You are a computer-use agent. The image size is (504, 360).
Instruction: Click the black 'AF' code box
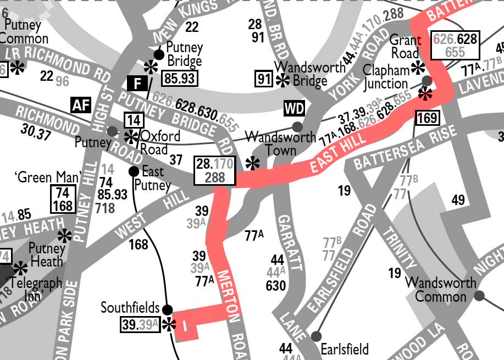pos(80,105)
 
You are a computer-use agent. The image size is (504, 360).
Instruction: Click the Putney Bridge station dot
pos(159,54)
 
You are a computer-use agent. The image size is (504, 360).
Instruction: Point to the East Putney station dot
pos(134,171)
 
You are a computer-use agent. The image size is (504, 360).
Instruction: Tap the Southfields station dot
pos(167,309)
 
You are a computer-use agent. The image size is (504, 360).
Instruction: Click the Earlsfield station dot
pos(315,336)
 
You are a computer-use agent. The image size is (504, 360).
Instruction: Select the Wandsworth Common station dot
pos(479,296)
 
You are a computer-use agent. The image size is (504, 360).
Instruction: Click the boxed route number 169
pos(427,118)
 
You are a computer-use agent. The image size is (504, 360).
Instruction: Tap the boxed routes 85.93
pos(180,79)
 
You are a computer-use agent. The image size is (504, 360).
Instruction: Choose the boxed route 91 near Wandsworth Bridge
pos(264,79)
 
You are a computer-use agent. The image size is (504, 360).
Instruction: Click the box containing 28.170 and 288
pos(215,170)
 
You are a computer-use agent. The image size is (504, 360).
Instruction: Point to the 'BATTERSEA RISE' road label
pos(405,147)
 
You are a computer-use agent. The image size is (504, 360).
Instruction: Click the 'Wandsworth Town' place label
pos(280,143)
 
